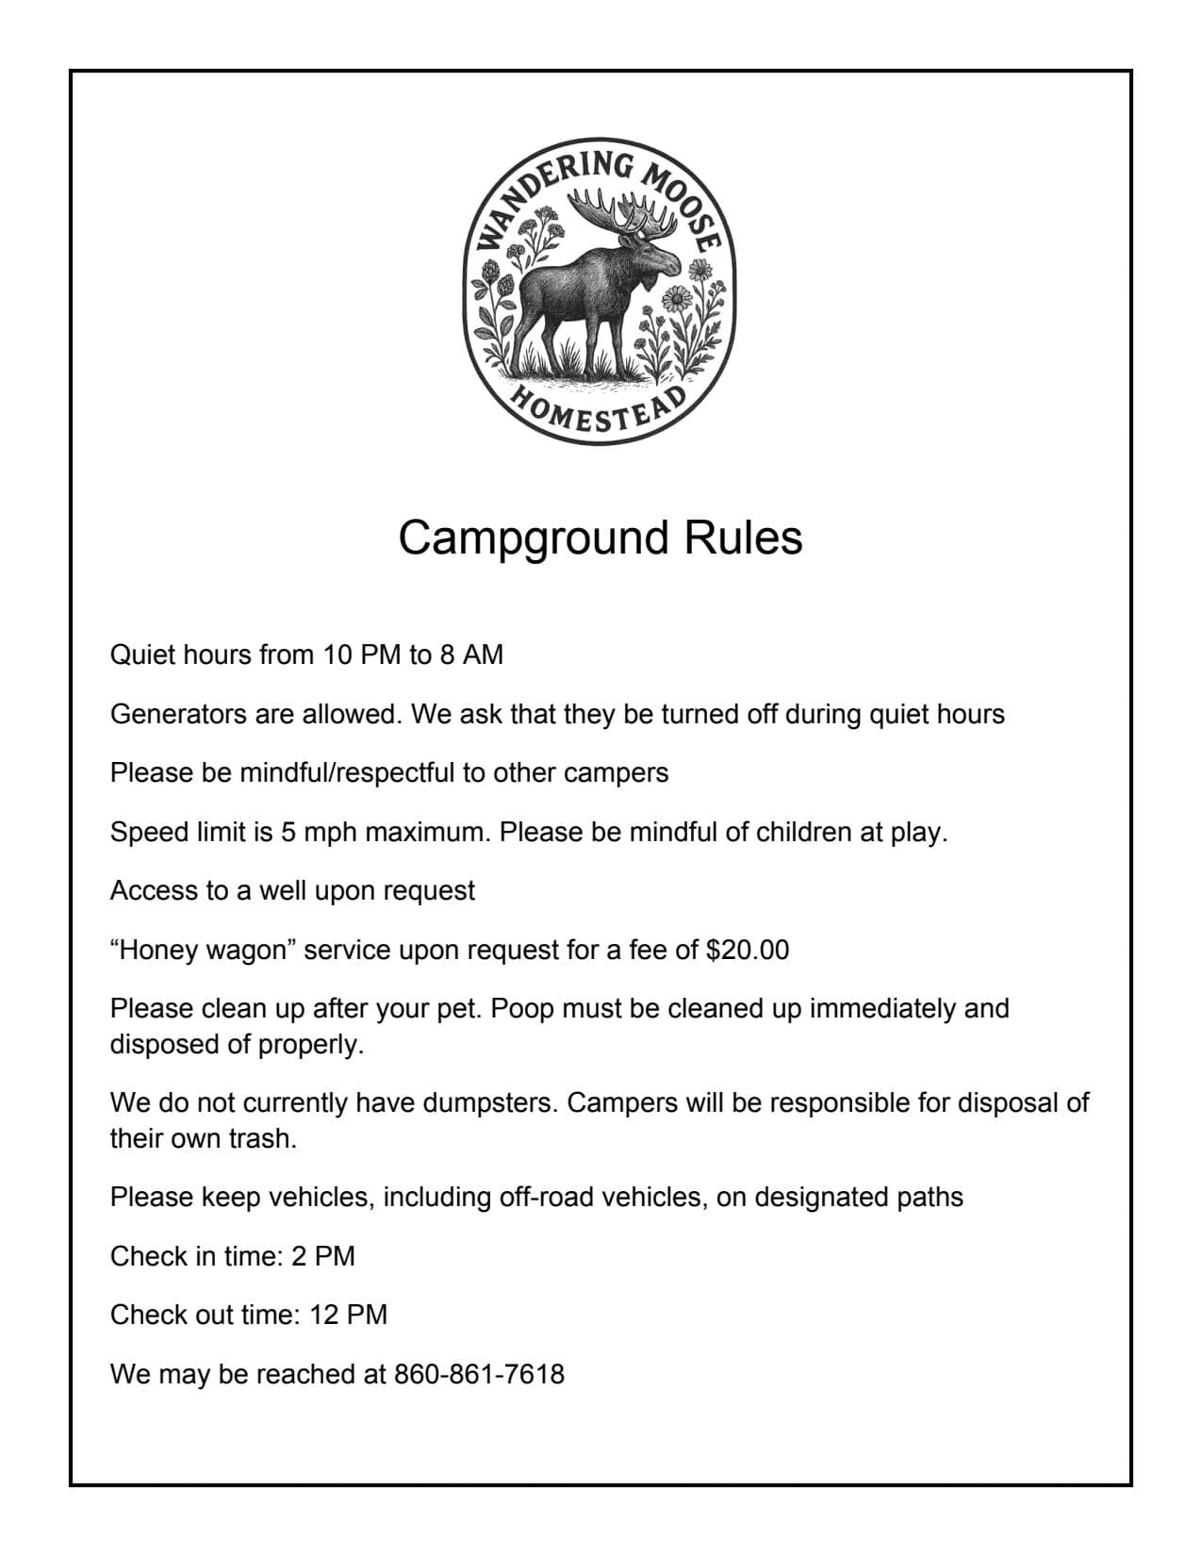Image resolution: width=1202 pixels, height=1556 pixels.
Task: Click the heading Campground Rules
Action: click(x=600, y=538)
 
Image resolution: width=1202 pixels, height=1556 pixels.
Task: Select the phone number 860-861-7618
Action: click(x=479, y=1374)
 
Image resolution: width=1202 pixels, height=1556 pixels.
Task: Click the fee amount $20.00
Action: click(x=747, y=950)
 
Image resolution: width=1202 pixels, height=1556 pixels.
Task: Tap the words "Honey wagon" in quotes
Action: click(x=204, y=950)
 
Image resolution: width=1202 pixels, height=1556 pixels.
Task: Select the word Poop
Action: click(x=520, y=1008)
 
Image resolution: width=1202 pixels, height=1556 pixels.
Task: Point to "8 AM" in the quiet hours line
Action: click(x=471, y=654)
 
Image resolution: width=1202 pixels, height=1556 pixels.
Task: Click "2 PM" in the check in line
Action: click(x=323, y=1256)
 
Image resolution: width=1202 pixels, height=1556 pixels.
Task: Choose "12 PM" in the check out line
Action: click(x=348, y=1315)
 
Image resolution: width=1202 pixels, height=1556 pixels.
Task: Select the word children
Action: click(x=790, y=833)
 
